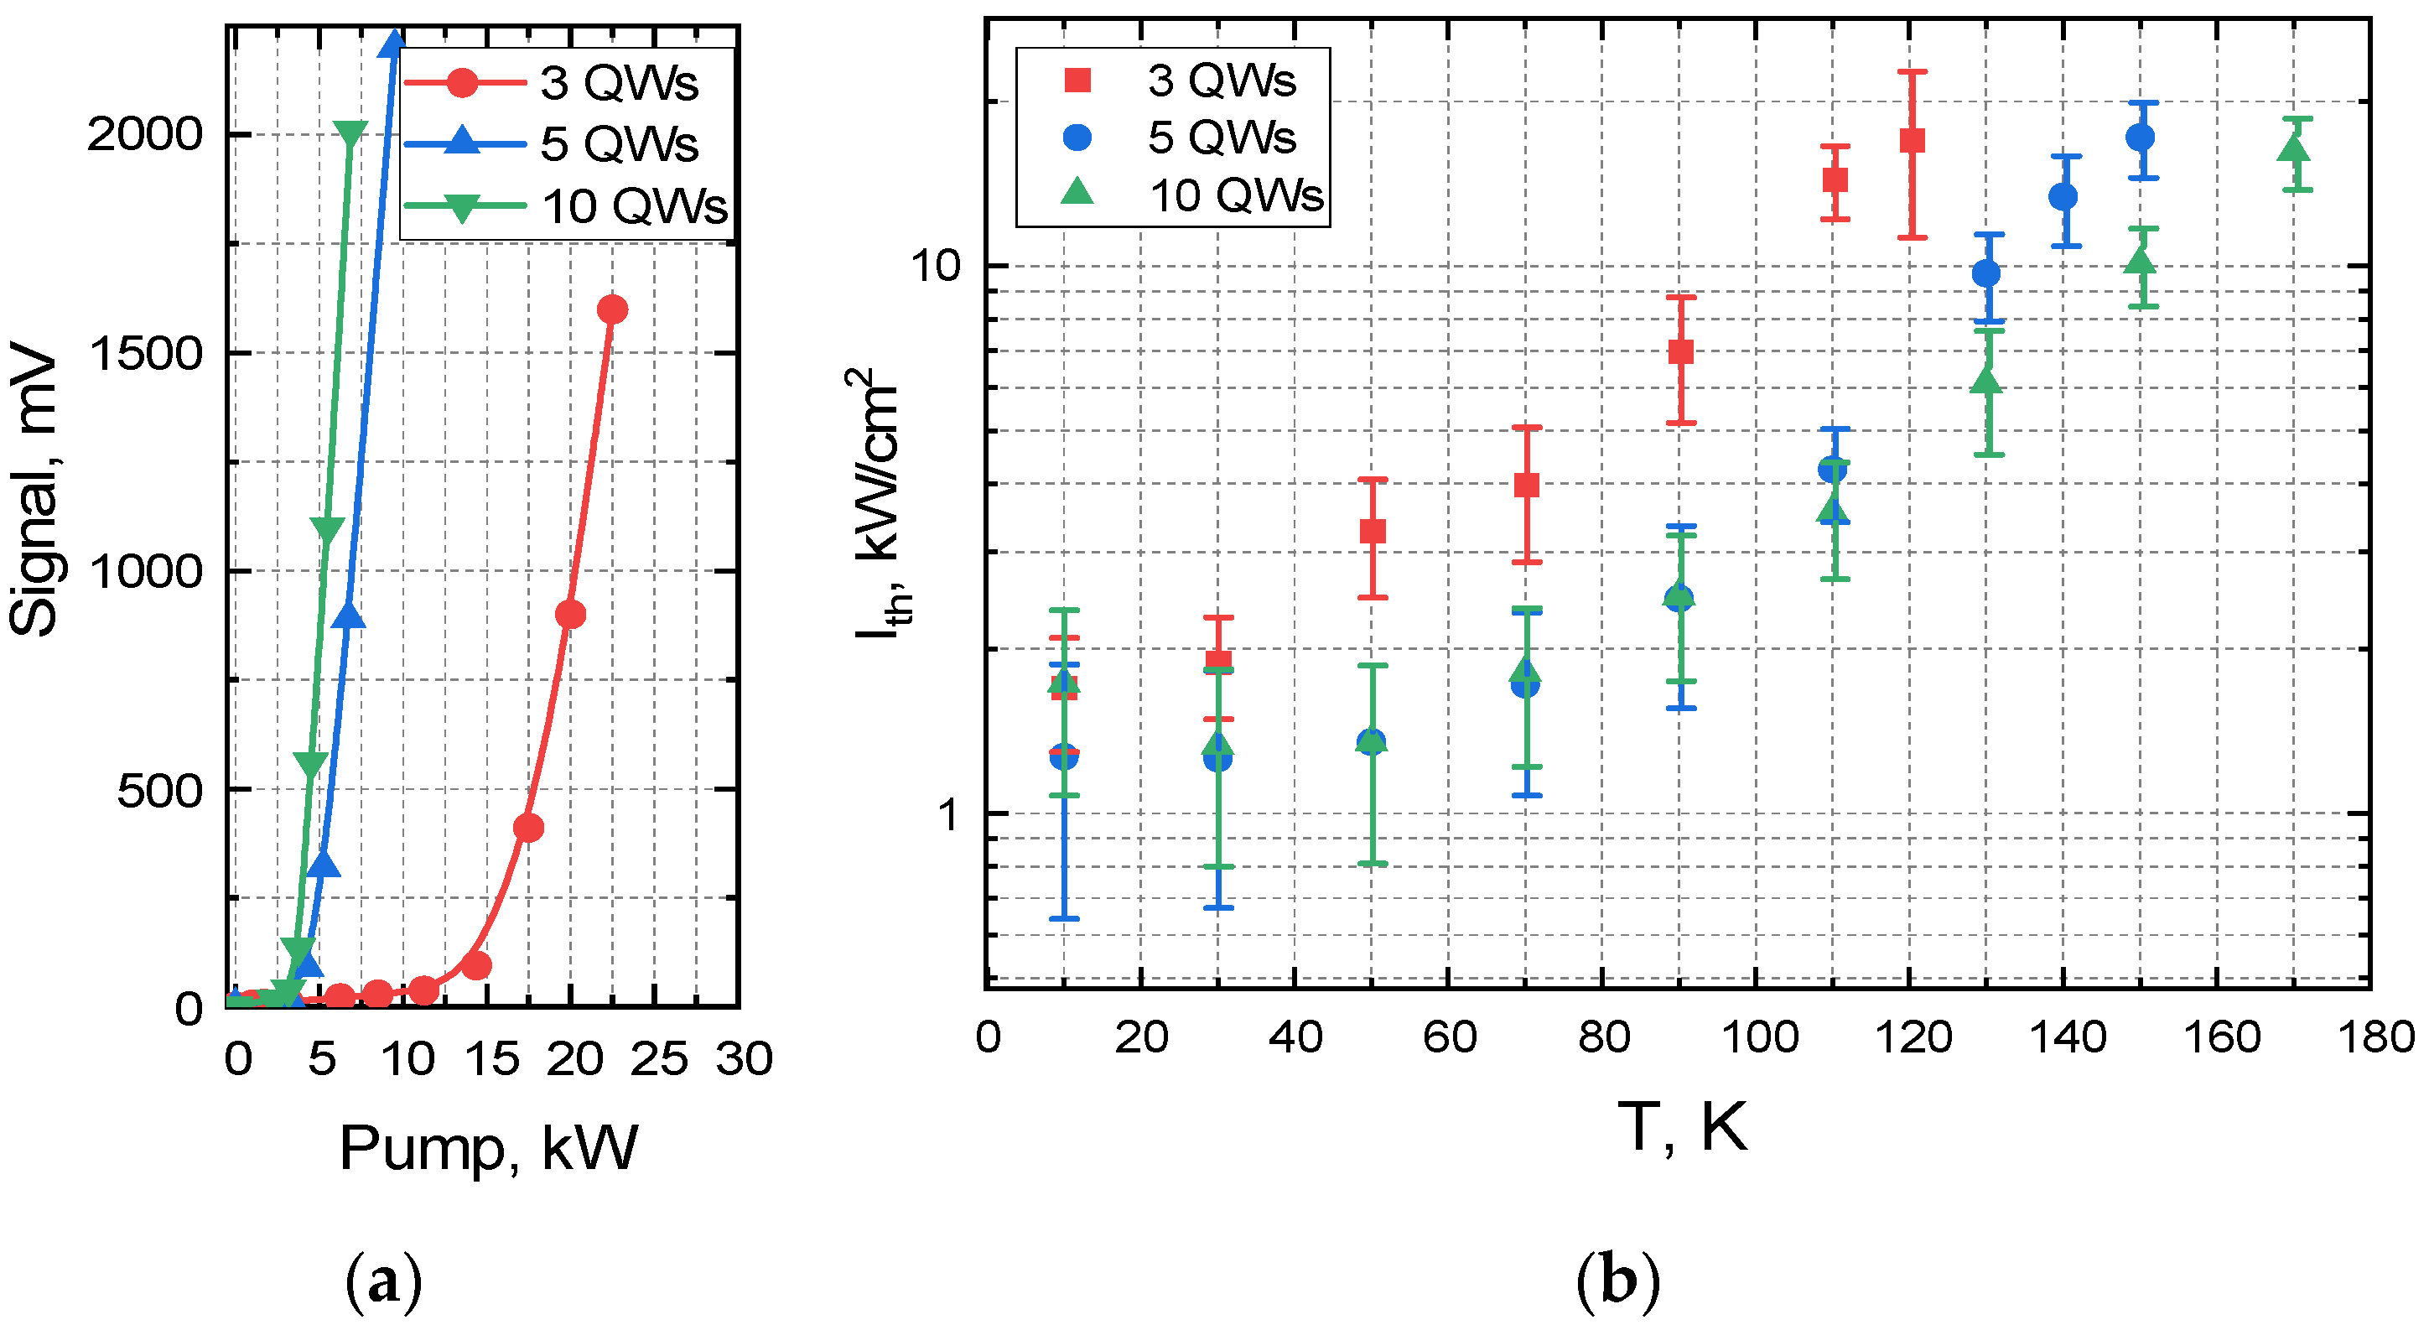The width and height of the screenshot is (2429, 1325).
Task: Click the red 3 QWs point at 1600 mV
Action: click(x=612, y=309)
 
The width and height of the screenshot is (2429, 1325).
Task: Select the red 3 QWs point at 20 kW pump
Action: click(x=570, y=615)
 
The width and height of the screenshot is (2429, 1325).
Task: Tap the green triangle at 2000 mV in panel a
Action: click(x=350, y=135)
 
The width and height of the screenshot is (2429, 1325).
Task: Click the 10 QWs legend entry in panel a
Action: click(x=566, y=205)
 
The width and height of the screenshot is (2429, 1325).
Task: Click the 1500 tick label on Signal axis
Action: click(x=145, y=354)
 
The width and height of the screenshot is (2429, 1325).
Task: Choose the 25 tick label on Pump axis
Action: click(x=658, y=1059)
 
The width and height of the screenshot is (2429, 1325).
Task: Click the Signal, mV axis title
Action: click(x=34, y=491)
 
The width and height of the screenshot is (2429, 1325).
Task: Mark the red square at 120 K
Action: click(x=1913, y=141)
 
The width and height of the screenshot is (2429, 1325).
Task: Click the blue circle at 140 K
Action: click(x=2063, y=196)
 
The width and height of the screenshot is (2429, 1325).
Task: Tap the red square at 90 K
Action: click(x=1680, y=351)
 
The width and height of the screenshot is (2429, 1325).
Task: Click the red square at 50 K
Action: click(x=1373, y=531)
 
